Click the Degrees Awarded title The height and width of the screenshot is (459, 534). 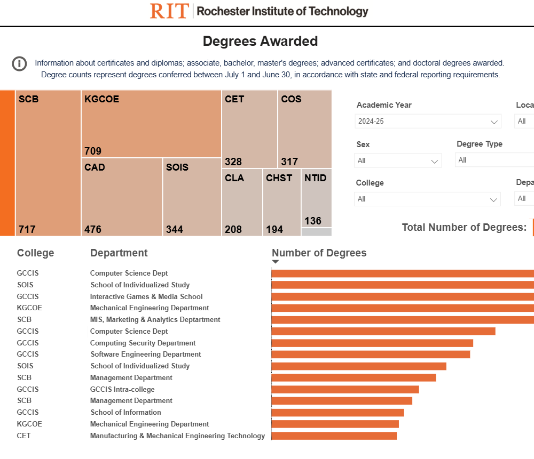click(x=260, y=41)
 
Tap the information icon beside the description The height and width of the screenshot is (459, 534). click(x=19, y=64)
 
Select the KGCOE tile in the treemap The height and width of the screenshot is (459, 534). click(x=151, y=124)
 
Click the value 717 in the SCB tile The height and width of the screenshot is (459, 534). click(x=27, y=229)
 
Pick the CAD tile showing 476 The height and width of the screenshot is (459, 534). click(x=122, y=197)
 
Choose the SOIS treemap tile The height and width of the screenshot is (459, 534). click(x=192, y=197)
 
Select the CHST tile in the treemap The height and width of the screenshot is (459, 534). click(x=281, y=202)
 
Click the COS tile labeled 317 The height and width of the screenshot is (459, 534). click(x=304, y=129)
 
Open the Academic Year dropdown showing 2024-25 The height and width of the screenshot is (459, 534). click(x=428, y=122)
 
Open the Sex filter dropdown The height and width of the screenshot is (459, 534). click(x=398, y=160)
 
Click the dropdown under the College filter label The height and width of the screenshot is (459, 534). click(x=427, y=199)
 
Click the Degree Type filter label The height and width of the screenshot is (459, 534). click(x=480, y=144)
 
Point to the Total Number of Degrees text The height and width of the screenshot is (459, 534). click(x=464, y=228)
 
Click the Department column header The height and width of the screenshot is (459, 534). click(x=119, y=253)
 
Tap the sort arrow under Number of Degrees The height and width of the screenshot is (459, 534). click(x=276, y=262)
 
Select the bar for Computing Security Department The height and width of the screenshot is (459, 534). click(x=372, y=343)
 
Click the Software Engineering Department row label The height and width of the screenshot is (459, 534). click(x=146, y=355)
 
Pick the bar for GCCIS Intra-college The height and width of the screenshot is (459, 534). click(x=345, y=389)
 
